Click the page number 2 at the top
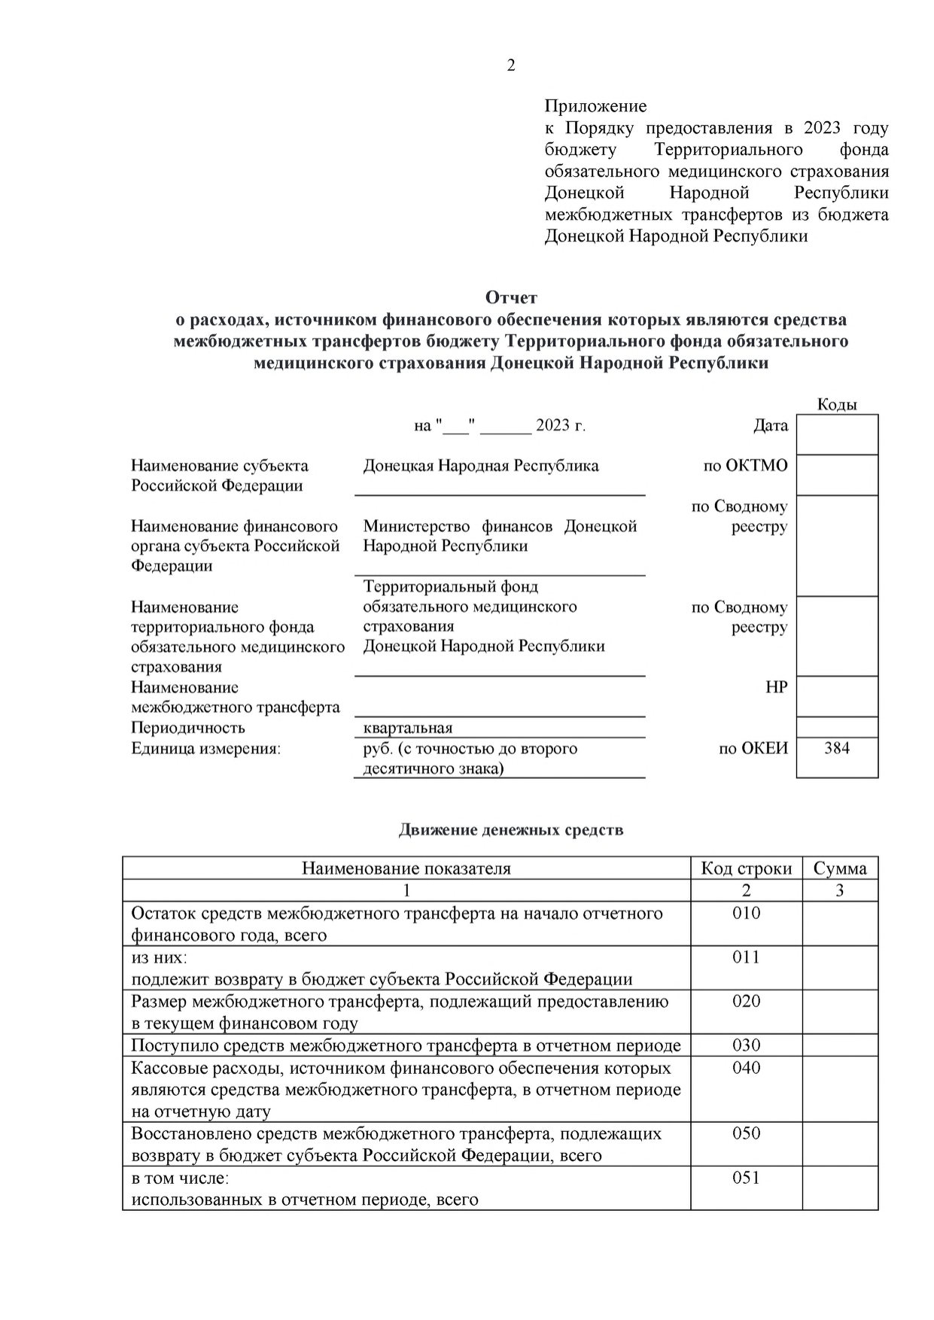coord(511,65)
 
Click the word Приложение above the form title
coord(595,106)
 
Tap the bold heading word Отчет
coord(511,298)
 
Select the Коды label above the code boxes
coord(837,405)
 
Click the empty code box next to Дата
coord(837,434)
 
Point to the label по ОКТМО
coord(745,466)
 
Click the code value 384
coord(837,748)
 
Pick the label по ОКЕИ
coord(753,749)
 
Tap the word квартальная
coord(408,728)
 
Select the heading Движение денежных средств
coord(510,830)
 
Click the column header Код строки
coord(746,868)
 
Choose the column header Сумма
coord(840,868)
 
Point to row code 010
coord(746,914)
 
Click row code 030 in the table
coord(746,1045)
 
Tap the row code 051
coord(746,1178)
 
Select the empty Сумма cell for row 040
coord(840,1089)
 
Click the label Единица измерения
coord(205,749)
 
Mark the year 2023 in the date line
coord(553,426)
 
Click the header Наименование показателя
coord(406,868)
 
